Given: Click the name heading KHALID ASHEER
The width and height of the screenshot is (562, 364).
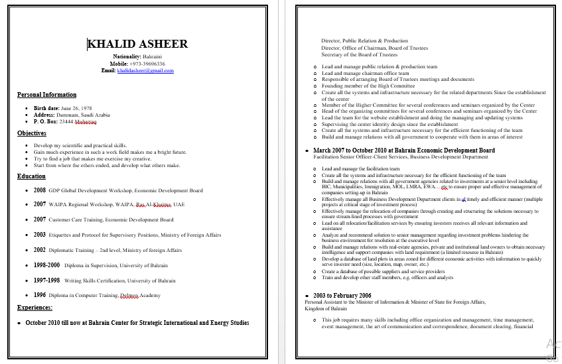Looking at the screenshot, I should click(138, 44).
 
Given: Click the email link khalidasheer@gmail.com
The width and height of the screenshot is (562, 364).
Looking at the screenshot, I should click(145, 70).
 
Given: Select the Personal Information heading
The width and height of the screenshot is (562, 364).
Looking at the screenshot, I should click(46, 95).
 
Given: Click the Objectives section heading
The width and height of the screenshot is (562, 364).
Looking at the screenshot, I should click(32, 133).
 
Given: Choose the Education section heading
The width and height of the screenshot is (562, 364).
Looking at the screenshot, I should click(31, 176).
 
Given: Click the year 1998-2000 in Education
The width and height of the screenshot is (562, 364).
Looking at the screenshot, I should click(46, 265).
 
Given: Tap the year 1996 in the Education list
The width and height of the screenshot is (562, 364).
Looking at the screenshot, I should click(40, 295).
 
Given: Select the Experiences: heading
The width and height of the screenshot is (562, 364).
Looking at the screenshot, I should click(35, 308).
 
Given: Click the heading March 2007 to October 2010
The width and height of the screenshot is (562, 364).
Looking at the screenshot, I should click(403, 151).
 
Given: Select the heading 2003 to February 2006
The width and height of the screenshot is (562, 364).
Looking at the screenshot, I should click(342, 295).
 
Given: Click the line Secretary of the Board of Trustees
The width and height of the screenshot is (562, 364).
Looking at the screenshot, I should click(359, 55).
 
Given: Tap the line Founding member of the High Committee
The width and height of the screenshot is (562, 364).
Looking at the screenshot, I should click(368, 86).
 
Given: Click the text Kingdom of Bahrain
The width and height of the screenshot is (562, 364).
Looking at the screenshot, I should click(326, 308).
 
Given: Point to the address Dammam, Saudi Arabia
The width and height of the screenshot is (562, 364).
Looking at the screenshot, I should click(85, 115).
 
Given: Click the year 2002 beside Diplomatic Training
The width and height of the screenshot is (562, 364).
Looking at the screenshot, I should click(40, 250).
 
